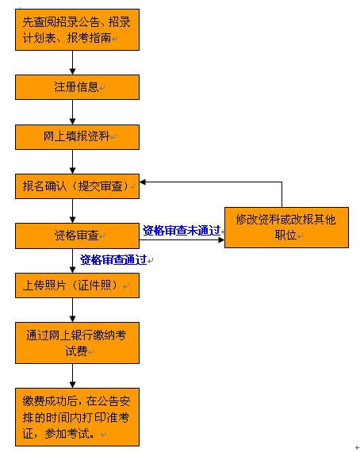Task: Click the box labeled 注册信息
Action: [77, 87]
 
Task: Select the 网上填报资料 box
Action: [77, 137]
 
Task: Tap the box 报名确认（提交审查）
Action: [77, 186]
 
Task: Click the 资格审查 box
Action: [77, 236]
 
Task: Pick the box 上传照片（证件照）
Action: [77, 285]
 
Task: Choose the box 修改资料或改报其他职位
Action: [286, 228]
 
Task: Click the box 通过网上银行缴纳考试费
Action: [77, 343]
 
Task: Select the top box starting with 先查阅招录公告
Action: [77, 29]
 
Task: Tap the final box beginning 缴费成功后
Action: [77, 417]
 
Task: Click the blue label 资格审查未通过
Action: [182, 231]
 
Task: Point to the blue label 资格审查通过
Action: [113, 260]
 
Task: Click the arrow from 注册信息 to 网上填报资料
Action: [73, 113]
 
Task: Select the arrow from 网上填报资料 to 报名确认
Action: [73, 162]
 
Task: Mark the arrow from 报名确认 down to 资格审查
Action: [73, 211]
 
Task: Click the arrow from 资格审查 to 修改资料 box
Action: [182, 239]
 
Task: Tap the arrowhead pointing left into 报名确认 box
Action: [143, 182]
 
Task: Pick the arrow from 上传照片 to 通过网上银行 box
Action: [73, 310]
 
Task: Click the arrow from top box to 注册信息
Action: [73, 63]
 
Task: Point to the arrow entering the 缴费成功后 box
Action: [73, 376]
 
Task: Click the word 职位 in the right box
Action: [285, 236]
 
